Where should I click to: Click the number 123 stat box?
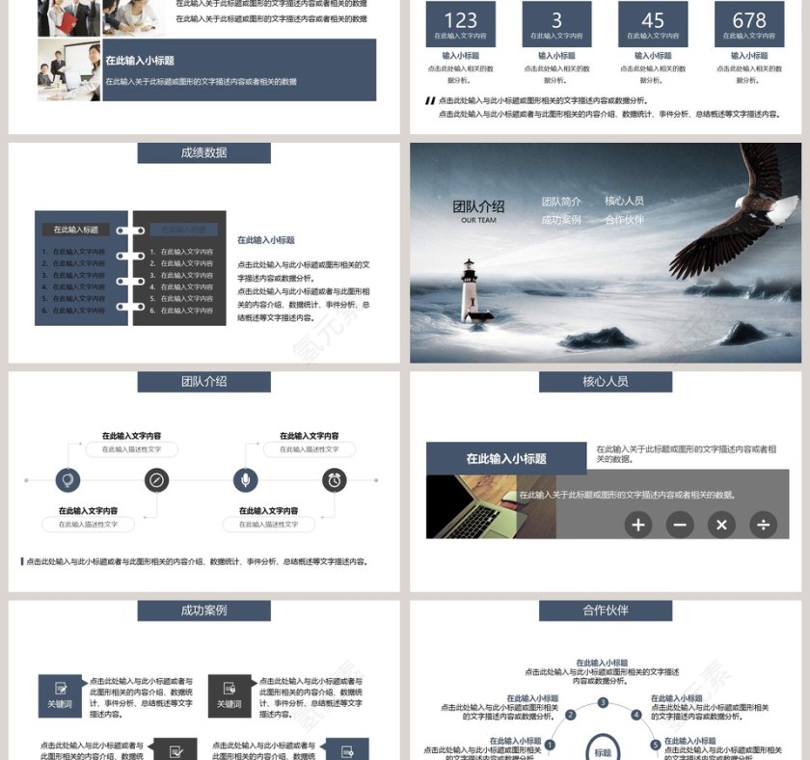point(461,24)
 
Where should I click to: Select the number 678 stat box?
point(749,24)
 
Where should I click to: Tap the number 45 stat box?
point(653,24)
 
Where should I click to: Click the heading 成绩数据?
point(203,152)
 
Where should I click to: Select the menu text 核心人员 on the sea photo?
point(624,201)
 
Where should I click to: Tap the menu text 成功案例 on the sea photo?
point(561,220)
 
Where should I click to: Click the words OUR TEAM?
point(478,220)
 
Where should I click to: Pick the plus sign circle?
point(637,525)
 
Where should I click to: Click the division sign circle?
point(763,525)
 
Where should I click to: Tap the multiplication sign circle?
point(721,525)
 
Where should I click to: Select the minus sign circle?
point(679,525)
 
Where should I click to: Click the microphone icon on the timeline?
point(246,479)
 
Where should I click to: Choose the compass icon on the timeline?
point(157,479)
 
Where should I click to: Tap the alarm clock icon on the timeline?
point(335,479)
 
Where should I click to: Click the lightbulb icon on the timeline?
point(68,479)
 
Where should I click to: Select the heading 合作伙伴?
point(605,610)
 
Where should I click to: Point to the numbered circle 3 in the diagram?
point(603,703)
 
